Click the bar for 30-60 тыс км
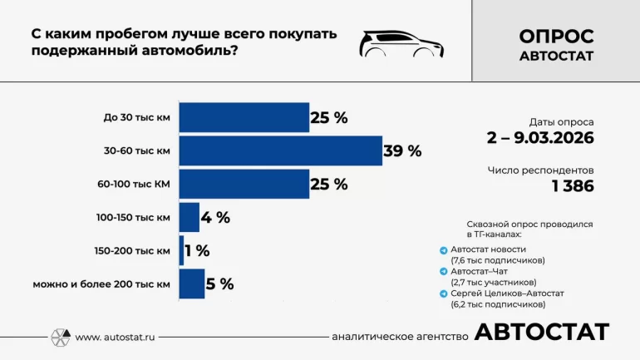point(280,150)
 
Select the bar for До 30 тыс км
point(244,117)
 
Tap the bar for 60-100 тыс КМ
point(244,185)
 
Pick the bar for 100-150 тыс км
point(189,218)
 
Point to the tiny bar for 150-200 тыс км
point(181,250)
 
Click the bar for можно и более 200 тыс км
point(191,284)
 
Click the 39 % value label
point(402,151)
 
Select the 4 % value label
point(214,218)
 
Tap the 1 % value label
point(198,251)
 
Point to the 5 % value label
point(219,284)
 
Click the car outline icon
point(401,43)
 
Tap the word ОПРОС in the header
point(556,36)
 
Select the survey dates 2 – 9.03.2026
point(540,138)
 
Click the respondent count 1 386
point(573,186)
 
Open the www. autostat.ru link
point(115,338)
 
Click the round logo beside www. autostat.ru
point(61,338)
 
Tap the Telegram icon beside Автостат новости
point(444,249)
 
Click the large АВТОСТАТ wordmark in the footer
point(541,333)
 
